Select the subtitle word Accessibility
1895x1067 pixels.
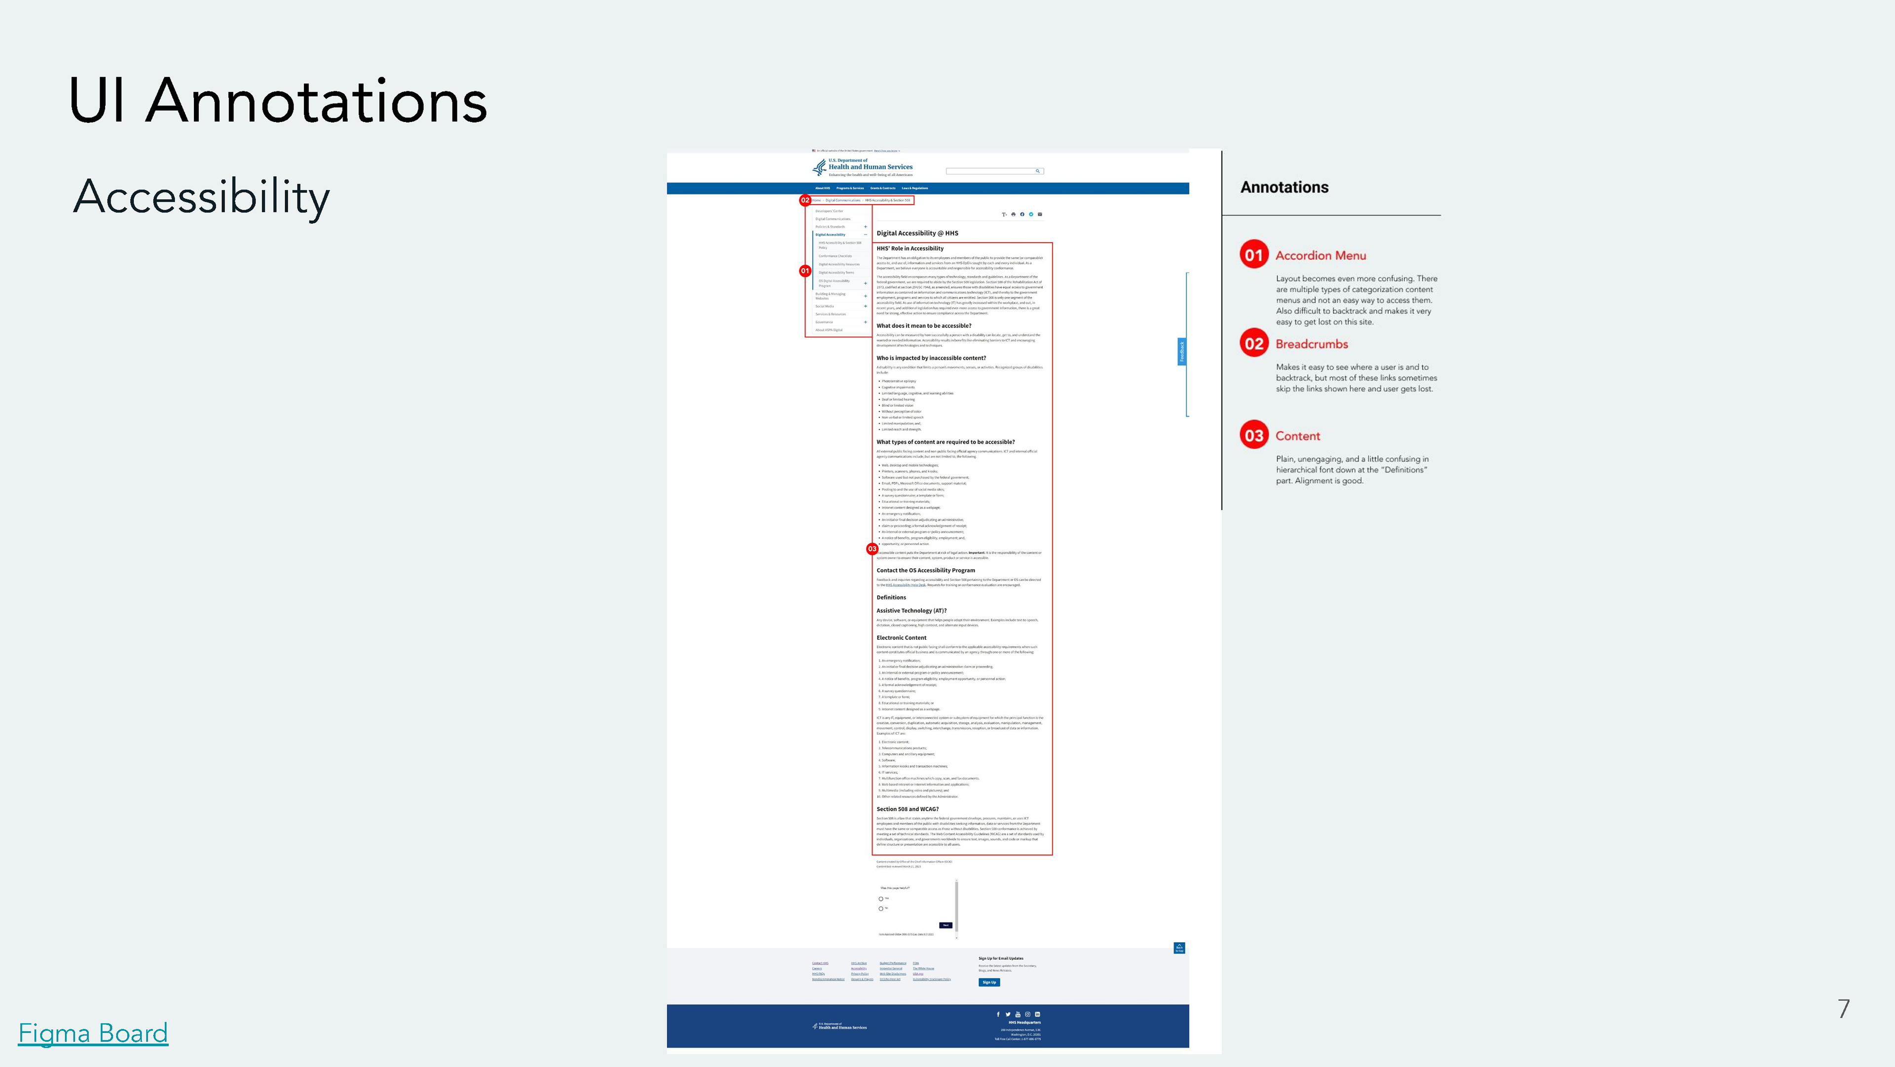click(201, 197)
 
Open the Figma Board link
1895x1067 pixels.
click(93, 1032)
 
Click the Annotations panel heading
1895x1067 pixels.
click(1285, 188)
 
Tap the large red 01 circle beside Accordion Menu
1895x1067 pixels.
click(1253, 255)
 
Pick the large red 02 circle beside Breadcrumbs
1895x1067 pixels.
click(1253, 344)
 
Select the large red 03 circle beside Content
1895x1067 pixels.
click(1253, 435)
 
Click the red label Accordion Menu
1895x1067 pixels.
click(1321, 255)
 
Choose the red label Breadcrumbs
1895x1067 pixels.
click(1312, 344)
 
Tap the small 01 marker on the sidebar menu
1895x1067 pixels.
click(805, 271)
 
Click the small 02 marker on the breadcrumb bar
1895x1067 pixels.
click(805, 200)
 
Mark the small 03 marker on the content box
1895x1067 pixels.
click(872, 549)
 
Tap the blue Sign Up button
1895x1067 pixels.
click(988, 983)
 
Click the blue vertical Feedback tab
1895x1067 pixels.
click(1181, 352)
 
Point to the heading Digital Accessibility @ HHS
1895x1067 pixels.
click(917, 233)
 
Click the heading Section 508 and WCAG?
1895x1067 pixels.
click(907, 809)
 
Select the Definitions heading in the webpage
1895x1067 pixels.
click(891, 597)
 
